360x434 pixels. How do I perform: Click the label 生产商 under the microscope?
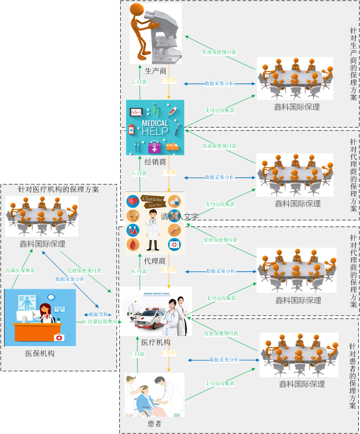click(x=155, y=71)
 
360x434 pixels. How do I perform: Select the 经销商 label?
click(x=155, y=162)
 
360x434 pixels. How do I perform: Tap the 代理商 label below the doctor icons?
click(x=155, y=261)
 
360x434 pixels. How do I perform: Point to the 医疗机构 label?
click(x=156, y=342)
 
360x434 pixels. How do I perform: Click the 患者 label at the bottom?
click(x=154, y=423)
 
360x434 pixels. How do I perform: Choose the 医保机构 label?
click(x=40, y=353)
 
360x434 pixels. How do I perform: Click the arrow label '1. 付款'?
click(x=140, y=82)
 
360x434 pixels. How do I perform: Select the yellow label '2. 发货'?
click(x=168, y=81)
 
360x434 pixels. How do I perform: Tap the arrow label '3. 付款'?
click(x=139, y=173)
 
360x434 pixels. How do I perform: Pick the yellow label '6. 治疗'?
click(x=168, y=353)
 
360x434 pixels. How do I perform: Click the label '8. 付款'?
click(x=139, y=272)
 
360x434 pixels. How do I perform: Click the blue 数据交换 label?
click(x=97, y=315)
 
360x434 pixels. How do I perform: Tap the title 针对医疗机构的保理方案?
click(x=58, y=189)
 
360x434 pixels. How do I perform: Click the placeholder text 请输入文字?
click(x=180, y=217)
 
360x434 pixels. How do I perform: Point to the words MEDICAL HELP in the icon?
click(x=155, y=127)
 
